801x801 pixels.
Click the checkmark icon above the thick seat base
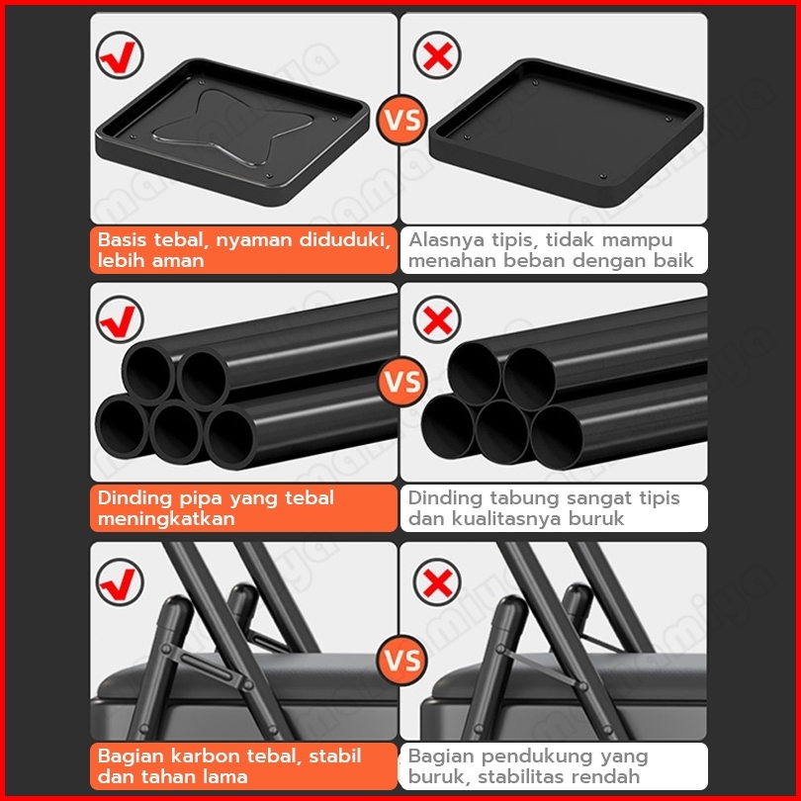click(x=120, y=55)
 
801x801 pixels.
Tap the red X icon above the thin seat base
click(x=437, y=55)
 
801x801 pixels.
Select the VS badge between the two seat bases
click(x=402, y=120)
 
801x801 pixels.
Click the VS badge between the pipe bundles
click(x=402, y=382)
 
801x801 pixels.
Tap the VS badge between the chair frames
click(x=402, y=660)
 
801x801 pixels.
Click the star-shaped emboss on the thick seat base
click(x=232, y=127)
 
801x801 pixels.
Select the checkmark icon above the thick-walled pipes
click(x=120, y=319)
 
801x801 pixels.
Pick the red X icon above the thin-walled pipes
click(x=437, y=319)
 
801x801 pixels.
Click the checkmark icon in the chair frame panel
click(x=120, y=581)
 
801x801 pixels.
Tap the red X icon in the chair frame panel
click(x=437, y=581)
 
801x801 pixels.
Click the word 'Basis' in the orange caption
click(x=122, y=239)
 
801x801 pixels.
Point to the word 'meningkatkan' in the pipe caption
click(x=166, y=519)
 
